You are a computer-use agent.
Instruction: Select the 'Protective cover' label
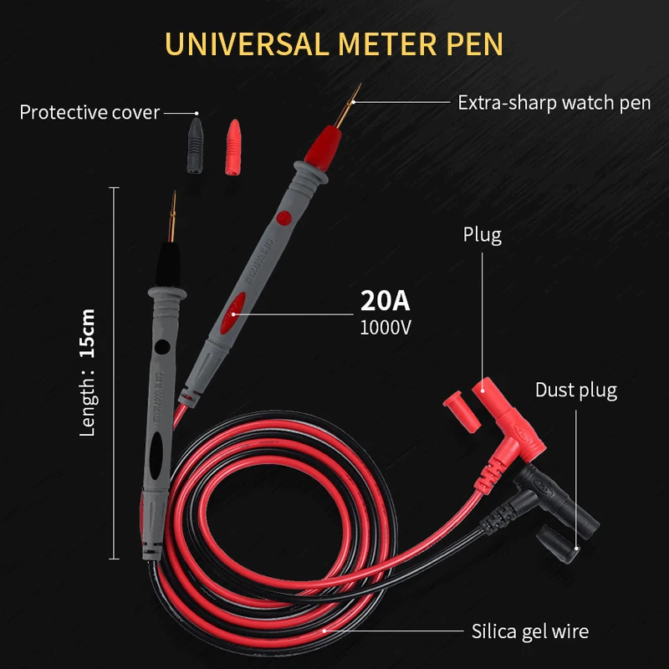pyautogui.click(x=89, y=112)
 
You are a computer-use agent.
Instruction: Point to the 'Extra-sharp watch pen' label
pyautogui.click(x=554, y=103)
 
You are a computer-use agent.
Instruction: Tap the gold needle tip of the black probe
pyautogui.click(x=173, y=212)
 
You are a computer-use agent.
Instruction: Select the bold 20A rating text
pyautogui.click(x=386, y=299)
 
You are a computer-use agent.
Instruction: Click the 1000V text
pyautogui.click(x=386, y=327)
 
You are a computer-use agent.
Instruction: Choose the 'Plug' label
pyautogui.click(x=483, y=235)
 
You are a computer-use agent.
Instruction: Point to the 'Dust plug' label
pyautogui.click(x=576, y=390)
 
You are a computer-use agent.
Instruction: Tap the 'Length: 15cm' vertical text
pyautogui.click(x=88, y=372)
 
